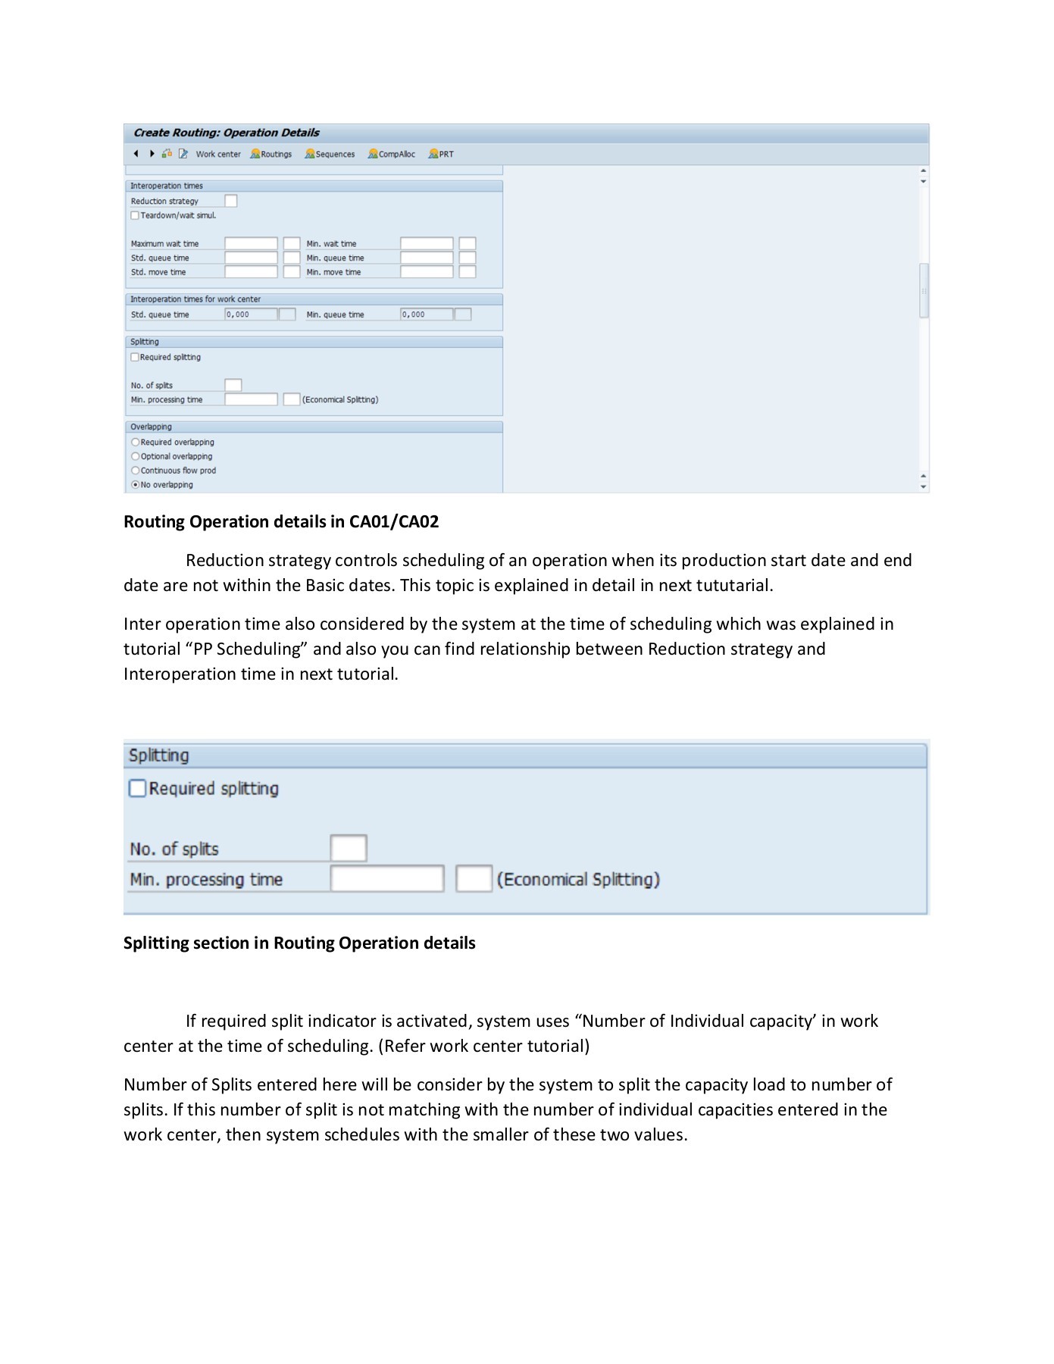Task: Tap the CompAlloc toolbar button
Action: (392, 154)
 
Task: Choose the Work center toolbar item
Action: (217, 154)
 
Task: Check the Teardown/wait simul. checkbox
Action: (135, 215)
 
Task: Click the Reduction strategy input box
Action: (231, 201)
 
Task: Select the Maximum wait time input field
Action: (251, 243)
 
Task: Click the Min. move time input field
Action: (427, 272)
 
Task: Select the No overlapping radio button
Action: (136, 484)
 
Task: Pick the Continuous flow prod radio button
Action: (136, 471)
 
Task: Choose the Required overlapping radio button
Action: (136, 442)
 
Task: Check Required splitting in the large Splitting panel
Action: (137, 789)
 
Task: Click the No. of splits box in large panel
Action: (349, 848)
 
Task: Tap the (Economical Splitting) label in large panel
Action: (578, 879)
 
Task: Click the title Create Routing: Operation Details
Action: (227, 133)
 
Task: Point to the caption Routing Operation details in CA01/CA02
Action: (281, 521)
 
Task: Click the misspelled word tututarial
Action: (732, 586)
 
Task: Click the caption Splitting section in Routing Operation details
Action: (299, 943)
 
